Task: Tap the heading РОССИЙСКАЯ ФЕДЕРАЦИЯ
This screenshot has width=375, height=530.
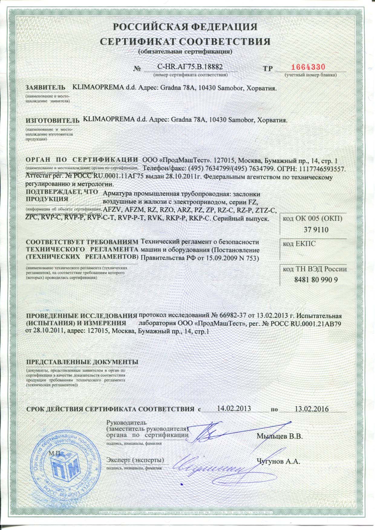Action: tap(185, 27)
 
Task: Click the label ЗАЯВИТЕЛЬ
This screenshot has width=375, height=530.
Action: tap(45, 88)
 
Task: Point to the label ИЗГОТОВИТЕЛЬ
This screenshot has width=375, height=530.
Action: tap(52, 120)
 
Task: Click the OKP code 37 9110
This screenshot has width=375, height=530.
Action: tap(316, 230)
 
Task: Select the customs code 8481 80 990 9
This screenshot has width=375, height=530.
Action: tap(316, 280)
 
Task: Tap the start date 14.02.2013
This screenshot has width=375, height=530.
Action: tap(234, 409)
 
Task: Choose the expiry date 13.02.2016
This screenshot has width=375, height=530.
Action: tap(311, 409)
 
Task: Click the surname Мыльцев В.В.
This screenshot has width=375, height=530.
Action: tap(280, 436)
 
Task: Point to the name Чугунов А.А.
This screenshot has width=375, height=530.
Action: tap(278, 461)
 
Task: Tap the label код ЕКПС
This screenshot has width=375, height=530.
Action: tap(299, 244)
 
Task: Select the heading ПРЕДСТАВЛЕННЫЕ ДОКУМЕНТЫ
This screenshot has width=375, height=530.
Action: tap(82, 362)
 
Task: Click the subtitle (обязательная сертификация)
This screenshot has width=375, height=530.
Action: tap(185, 51)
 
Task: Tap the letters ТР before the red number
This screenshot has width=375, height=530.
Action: tap(268, 69)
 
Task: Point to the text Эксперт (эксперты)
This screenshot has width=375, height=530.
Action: tap(135, 460)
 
